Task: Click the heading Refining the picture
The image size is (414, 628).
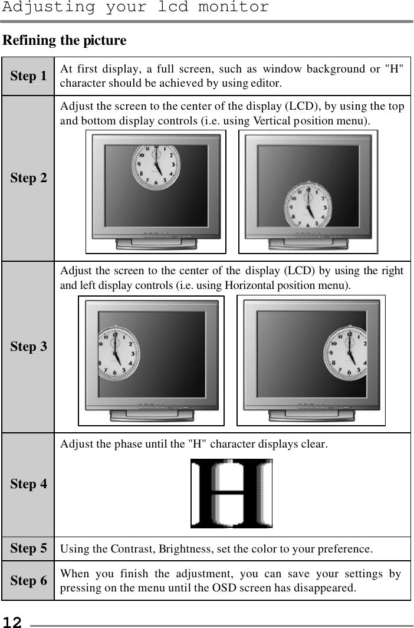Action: coord(65,41)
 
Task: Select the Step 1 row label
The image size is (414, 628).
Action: coord(28,76)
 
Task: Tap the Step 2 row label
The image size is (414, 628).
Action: coord(28,177)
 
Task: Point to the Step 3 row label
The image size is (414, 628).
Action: coord(28,346)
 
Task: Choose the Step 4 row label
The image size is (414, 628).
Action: coord(28,484)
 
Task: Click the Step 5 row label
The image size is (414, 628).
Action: coord(28,548)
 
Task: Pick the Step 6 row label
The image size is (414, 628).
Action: coord(28,581)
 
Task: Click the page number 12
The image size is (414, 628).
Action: coord(12,622)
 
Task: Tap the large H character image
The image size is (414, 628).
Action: coord(231,494)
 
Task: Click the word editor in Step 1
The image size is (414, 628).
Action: coord(266,83)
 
